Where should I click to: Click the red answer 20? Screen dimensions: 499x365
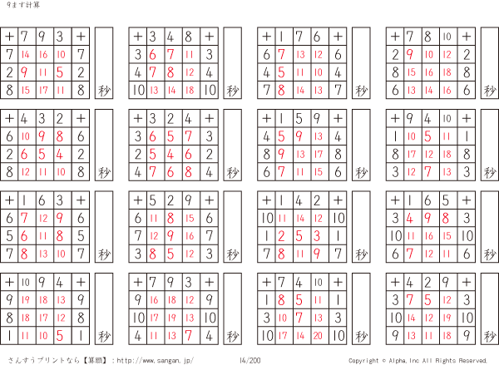click(318, 335)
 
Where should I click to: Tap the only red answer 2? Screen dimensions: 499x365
click(281, 236)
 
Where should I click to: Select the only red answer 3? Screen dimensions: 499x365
click(317, 236)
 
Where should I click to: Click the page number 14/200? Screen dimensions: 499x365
click(249, 361)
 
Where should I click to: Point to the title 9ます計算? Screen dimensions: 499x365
click(23, 5)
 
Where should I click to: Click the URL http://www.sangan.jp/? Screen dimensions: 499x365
click(155, 361)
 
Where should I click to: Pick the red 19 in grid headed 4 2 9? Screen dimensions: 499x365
click(447, 318)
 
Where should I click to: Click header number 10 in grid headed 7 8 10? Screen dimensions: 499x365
click(447, 37)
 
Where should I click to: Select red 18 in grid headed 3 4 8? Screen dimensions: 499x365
click(190, 91)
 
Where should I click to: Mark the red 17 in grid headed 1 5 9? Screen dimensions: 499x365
click(319, 155)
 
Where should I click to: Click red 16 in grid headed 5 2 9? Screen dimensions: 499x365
click(190, 236)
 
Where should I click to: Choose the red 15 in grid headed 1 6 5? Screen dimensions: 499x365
click(447, 236)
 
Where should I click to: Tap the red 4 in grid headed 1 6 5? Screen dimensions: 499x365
click(410, 219)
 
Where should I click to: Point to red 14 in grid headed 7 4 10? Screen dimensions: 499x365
click(300, 335)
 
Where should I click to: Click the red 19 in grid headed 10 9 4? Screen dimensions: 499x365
click(26, 300)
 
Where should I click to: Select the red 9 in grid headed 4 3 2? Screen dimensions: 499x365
click(42, 136)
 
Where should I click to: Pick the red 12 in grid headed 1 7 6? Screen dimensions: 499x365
click(319, 55)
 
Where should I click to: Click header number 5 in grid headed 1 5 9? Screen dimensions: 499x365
click(299, 119)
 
